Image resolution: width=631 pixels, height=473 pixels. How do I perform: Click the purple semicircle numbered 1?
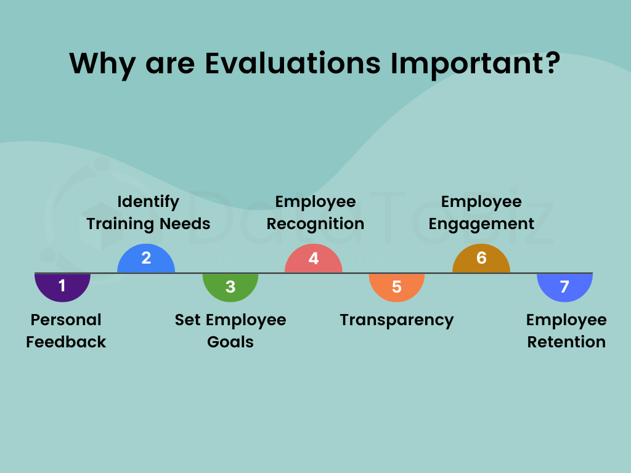click(62, 286)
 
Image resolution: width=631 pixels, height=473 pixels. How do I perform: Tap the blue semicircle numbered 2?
click(146, 259)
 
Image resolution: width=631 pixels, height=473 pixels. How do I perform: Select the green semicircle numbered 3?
click(230, 286)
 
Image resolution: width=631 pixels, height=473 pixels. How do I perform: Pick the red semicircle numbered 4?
click(313, 259)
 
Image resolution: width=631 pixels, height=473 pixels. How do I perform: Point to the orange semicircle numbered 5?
click(396, 286)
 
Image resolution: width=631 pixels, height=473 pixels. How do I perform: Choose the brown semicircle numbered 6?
click(481, 259)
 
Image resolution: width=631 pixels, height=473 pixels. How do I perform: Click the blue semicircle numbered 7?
click(564, 286)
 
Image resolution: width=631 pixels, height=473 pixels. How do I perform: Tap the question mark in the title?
click(550, 63)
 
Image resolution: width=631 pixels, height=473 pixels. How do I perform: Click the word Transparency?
click(396, 320)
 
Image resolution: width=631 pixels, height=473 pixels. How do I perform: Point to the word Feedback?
click(66, 342)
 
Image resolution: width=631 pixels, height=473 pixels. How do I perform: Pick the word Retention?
click(566, 342)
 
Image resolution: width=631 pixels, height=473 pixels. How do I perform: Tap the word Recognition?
click(315, 224)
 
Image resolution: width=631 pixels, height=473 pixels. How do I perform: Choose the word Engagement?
click(481, 224)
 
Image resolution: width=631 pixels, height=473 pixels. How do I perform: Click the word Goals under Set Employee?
click(230, 342)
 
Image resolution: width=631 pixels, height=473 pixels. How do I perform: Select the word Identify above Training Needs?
click(148, 202)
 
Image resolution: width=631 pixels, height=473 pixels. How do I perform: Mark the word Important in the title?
click(466, 63)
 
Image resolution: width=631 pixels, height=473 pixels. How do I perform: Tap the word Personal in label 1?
click(66, 320)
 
